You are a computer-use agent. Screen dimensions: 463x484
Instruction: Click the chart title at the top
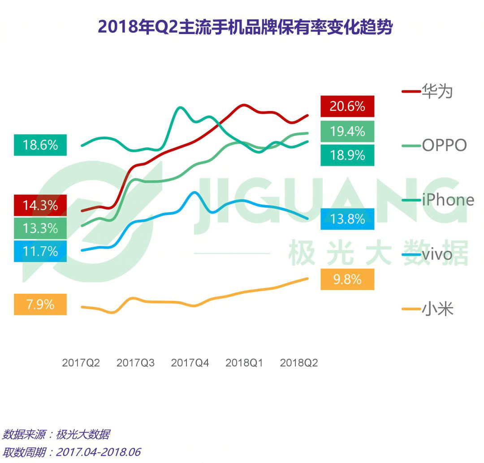(x=245, y=28)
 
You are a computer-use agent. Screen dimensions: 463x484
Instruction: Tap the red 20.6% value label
(x=347, y=107)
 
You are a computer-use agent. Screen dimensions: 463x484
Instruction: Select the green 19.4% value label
(x=347, y=131)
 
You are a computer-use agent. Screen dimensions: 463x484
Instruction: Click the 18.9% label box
(x=347, y=155)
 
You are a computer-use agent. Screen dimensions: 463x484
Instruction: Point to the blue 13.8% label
(x=347, y=219)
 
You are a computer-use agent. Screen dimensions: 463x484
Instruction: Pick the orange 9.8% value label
(x=347, y=279)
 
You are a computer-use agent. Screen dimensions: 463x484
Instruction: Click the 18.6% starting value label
(x=40, y=145)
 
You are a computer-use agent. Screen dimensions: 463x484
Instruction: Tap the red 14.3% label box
(x=40, y=206)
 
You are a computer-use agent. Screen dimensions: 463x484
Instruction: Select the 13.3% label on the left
(x=40, y=229)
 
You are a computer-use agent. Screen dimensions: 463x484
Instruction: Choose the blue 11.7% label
(x=40, y=251)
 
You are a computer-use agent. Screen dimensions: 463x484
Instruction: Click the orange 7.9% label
(x=40, y=304)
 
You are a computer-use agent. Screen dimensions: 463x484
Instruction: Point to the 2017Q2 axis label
(x=81, y=363)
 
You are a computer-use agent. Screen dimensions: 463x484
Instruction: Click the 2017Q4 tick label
(x=190, y=363)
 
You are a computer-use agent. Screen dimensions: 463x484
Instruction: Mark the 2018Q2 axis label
(x=299, y=363)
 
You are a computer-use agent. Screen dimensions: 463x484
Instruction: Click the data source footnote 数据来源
(x=56, y=434)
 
